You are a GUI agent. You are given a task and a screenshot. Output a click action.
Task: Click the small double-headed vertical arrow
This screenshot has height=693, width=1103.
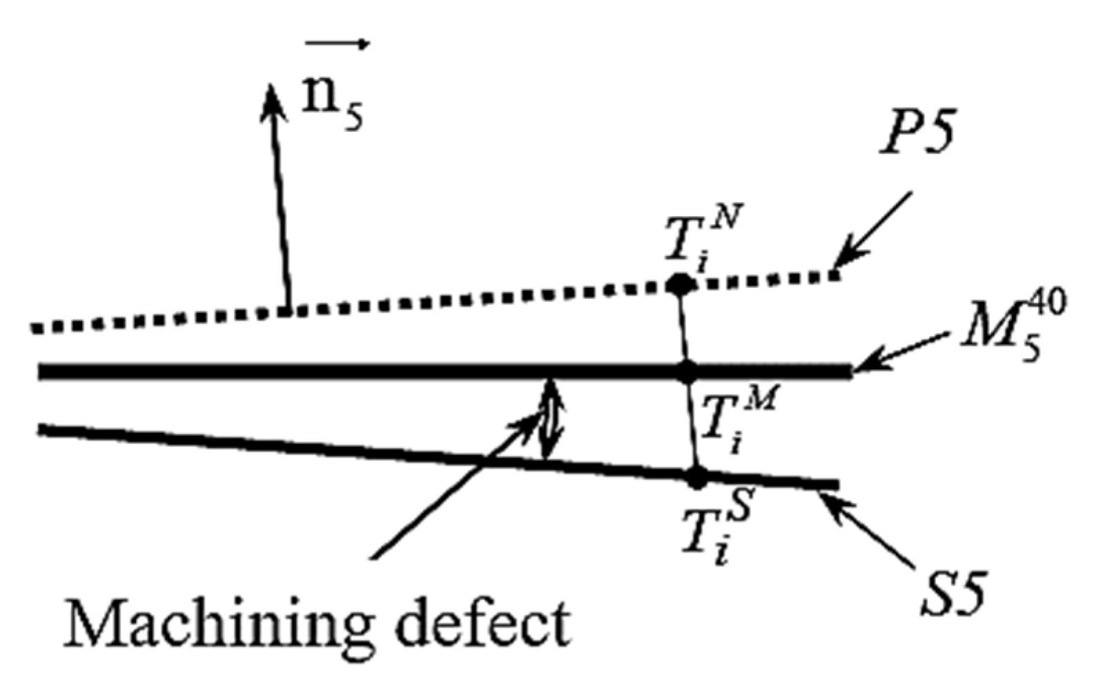click(550, 418)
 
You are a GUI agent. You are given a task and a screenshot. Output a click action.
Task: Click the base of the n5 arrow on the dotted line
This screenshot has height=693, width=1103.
click(289, 311)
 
